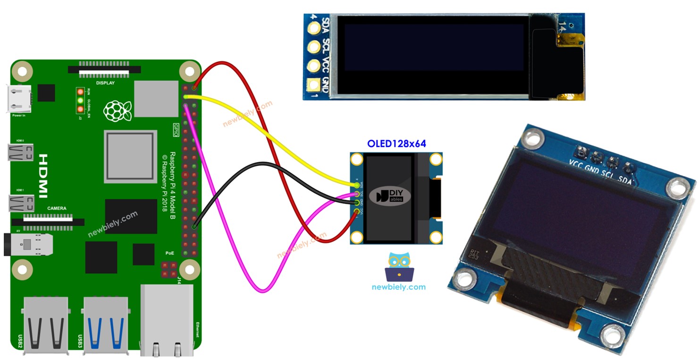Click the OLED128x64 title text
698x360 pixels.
point(396,143)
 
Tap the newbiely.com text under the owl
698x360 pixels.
point(398,287)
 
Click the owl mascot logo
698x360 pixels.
point(399,267)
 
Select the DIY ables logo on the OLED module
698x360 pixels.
point(390,196)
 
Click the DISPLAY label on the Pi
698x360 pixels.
point(105,83)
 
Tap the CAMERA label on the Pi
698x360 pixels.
point(57,208)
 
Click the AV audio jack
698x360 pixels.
point(28,244)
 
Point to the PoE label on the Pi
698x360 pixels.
point(169,253)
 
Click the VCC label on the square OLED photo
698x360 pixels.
point(577,164)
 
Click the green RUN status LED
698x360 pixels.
point(81,100)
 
